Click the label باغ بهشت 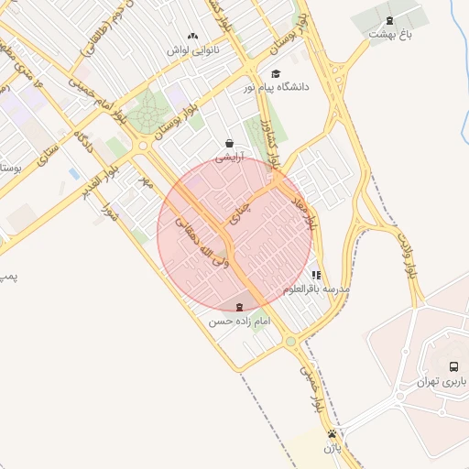click(391, 34)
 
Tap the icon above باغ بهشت click(391, 20)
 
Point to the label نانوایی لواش click(191, 49)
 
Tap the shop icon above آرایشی click(228, 143)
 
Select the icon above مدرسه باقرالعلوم click(316, 275)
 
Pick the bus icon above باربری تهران click(453, 366)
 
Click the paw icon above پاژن click(332, 434)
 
